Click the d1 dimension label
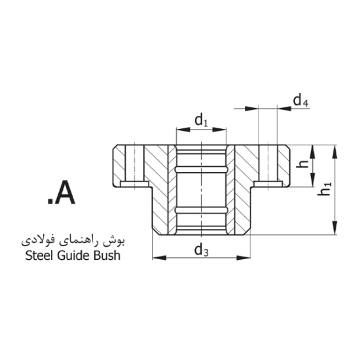pyautogui.click(x=201, y=120)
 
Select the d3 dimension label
pyautogui.click(x=201, y=249)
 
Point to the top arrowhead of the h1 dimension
pyautogui.click(x=335, y=149)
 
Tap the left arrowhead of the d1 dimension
pyautogui.click(x=178, y=130)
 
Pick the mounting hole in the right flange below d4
pyautogui.click(x=268, y=165)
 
